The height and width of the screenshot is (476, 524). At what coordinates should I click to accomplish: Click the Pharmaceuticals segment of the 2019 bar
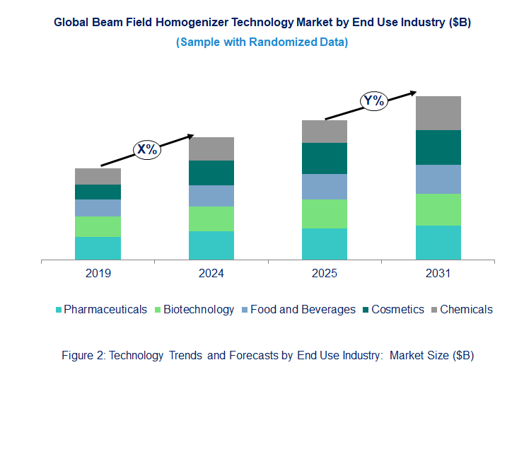point(98,248)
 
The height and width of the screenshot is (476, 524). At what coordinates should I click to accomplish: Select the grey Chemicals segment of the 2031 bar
point(438,113)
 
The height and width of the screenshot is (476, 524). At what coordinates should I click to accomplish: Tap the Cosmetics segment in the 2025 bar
point(325,158)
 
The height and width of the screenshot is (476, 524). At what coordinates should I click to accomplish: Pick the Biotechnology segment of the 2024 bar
point(211,219)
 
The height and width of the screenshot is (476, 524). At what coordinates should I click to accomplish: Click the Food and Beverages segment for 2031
point(438,179)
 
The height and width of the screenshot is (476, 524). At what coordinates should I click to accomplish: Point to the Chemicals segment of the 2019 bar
point(98,176)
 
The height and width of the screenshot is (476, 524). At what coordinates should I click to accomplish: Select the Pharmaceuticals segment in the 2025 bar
point(325,244)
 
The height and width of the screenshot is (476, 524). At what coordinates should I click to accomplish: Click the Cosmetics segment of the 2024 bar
point(211,173)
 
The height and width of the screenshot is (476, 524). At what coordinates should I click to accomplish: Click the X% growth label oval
point(148,149)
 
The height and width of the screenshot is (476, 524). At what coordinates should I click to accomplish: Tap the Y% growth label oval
point(373,100)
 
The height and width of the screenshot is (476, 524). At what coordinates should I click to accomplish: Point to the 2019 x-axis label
point(98,274)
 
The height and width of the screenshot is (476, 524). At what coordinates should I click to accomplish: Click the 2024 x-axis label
point(211,274)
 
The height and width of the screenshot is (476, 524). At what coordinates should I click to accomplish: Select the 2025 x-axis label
point(325,274)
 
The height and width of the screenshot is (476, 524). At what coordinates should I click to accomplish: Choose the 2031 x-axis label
point(438,274)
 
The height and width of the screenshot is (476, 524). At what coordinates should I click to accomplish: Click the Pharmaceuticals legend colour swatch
point(59,310)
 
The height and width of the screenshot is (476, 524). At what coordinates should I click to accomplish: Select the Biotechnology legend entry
point(199,309)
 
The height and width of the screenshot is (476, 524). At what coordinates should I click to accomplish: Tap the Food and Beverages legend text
point(303,309)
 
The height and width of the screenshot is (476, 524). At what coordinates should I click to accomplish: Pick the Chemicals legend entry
point(466,309)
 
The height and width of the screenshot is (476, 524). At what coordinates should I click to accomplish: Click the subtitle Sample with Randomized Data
point(262,42)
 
